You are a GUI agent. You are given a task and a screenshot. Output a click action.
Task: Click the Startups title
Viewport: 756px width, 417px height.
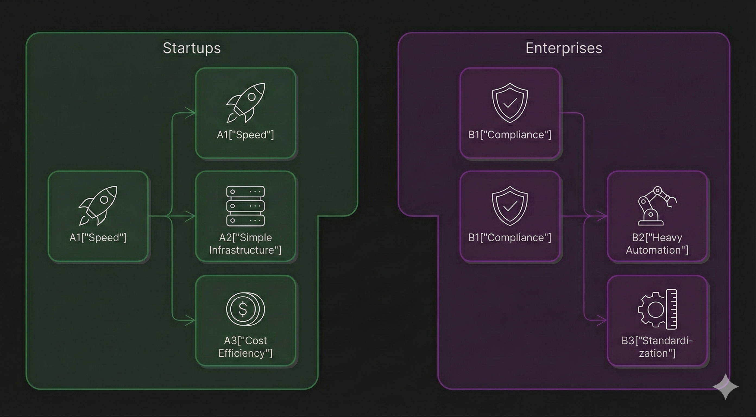192,48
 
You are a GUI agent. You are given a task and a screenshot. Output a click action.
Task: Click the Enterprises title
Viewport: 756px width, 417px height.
564,48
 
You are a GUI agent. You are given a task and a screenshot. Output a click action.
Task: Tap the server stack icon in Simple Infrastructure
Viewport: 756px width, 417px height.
245,206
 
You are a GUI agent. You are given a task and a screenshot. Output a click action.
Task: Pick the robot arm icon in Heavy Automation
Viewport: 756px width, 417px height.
656,206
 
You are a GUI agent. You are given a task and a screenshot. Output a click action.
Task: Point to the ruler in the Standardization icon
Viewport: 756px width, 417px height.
672,309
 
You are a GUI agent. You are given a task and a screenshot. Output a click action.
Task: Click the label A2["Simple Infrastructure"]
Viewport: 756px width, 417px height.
245,244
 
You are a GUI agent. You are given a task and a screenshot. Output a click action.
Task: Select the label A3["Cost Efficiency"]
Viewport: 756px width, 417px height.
245,347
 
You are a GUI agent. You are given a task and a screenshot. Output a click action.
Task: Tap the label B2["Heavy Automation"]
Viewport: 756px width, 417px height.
657,244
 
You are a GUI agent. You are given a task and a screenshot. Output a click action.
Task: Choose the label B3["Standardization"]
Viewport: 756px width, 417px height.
657,347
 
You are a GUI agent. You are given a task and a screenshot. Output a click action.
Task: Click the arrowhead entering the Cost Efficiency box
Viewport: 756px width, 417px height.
192,320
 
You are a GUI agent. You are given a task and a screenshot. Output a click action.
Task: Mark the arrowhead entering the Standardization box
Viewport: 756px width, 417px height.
603,320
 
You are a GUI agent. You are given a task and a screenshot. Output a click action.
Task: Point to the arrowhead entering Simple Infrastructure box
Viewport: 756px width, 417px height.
192,217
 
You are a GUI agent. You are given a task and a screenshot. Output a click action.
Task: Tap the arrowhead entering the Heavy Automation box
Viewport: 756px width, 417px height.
603,217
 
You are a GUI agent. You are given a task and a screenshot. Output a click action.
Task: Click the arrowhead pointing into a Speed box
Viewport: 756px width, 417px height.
192,113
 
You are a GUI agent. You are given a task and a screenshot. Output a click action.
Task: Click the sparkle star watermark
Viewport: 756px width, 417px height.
726,387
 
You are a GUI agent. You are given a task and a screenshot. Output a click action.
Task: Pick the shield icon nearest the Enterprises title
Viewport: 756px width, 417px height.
510,102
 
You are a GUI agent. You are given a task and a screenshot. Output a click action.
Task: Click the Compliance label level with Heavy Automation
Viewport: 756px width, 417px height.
510,237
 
